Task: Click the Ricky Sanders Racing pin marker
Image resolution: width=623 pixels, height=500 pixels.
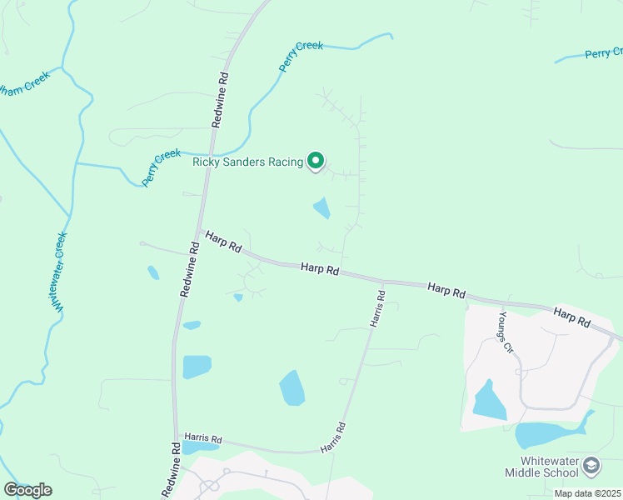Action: click(316, 160)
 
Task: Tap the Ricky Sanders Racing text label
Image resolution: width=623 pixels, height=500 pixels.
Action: click(247, 162)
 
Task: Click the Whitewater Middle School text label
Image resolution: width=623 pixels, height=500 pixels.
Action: click(541, 467)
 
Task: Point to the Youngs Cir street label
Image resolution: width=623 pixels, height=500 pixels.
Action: click(506, 333)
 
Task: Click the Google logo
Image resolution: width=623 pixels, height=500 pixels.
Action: click(27, 489)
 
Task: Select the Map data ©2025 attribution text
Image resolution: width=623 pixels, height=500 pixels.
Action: click(587, 493)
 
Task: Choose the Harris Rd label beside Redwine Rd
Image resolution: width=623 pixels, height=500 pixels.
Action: click(204, 438)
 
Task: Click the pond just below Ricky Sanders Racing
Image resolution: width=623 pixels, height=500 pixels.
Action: click(321, 208)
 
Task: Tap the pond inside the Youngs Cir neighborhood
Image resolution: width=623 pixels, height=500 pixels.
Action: click(489, 401)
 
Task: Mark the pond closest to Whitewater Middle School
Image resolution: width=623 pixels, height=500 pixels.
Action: click(541, 433)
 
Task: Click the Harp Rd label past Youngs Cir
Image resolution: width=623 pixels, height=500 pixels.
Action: click(571, 317)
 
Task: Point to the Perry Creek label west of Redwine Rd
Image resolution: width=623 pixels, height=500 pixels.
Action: click(161, 167)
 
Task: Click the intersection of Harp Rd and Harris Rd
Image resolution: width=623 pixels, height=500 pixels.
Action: click(383, 281)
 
